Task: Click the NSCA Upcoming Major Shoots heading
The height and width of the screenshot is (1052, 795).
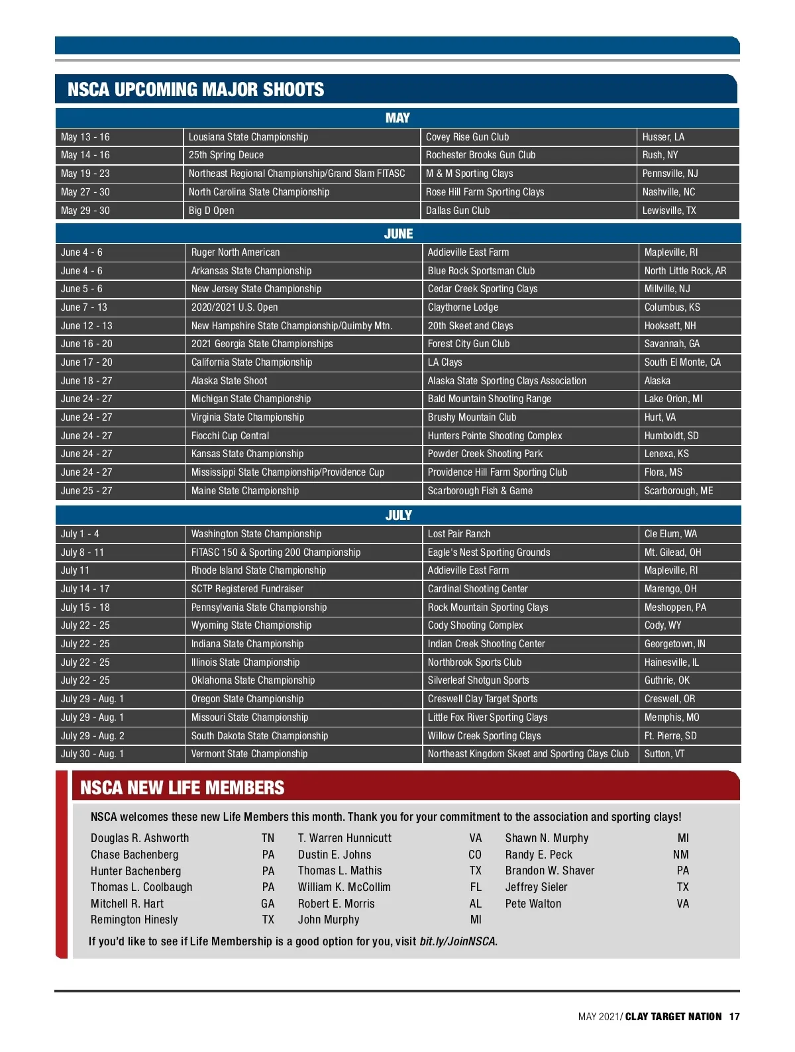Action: click(196, 90)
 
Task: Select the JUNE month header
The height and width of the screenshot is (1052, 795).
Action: click(398, 234)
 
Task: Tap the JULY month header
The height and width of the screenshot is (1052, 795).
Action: click(398, 515)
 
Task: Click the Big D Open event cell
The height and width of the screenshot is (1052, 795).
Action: click(211, 211)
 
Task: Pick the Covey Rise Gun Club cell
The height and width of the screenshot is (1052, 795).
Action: click(467, 137)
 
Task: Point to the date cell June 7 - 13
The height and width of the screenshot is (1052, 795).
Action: click(84, 307)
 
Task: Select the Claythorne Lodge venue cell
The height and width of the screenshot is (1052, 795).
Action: click(462, 307)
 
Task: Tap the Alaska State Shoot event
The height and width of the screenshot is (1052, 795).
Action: click(229, 381)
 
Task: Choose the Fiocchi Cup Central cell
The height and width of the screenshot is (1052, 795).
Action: click(230, 436)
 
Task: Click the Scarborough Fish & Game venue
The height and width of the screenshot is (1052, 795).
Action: click(480, 491)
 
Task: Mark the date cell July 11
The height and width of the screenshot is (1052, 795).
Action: click(75, 570)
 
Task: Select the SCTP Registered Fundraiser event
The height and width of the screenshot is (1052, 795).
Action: click(247, 589)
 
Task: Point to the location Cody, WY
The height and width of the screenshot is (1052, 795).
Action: click(662, 625)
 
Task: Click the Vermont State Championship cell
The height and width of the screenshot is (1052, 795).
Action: click(249, 754)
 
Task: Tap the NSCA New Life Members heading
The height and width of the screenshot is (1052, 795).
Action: click(182, 788)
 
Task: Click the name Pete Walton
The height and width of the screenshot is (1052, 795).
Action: click(533, 904)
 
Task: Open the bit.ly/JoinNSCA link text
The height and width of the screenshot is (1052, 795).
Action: click(457, 941)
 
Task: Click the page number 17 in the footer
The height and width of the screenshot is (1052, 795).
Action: click(734, 1017)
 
